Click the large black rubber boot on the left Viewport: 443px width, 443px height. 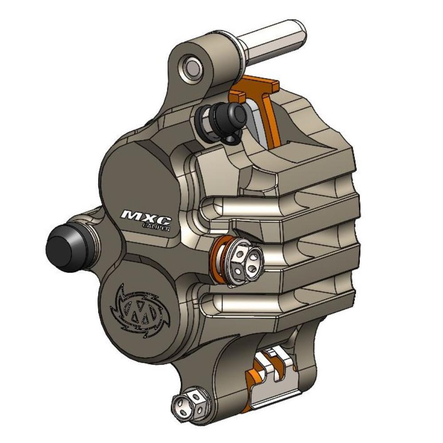(x=66, y=247)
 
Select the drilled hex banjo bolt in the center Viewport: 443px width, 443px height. (x=244, y=259)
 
